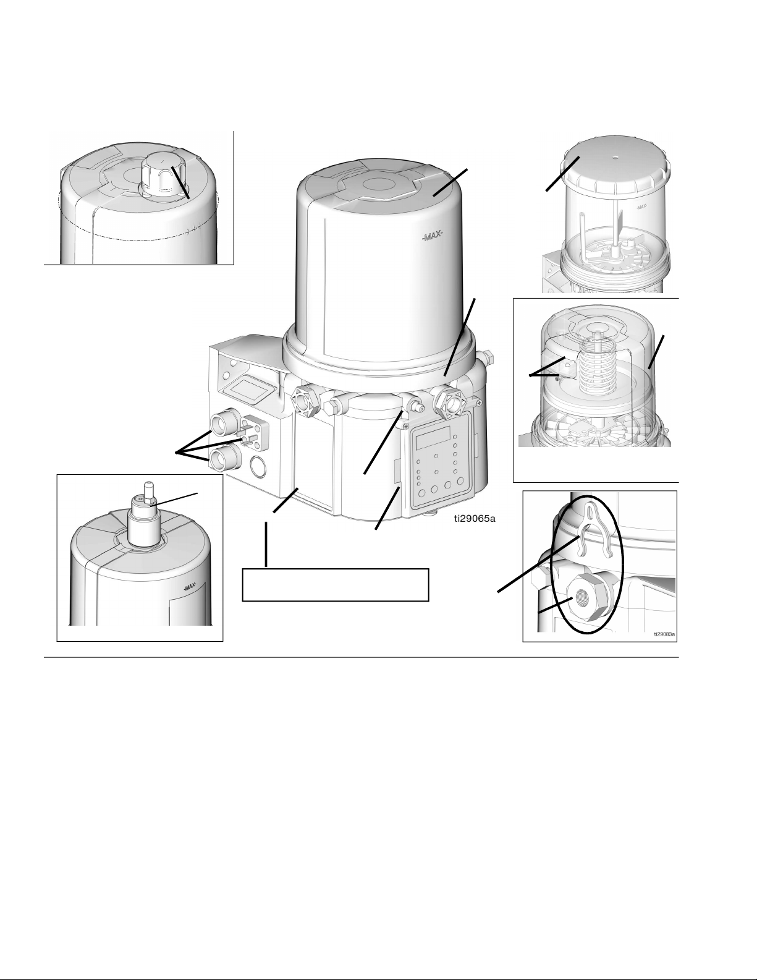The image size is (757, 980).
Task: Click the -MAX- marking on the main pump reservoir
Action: [x=433, y=235]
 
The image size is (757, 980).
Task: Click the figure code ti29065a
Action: [x=475, y=519]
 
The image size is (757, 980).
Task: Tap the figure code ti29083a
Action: [x=665, y=634]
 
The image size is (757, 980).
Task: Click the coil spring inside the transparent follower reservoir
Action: [x=596, y=366]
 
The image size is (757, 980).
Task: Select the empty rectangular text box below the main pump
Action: [x=335, y=585]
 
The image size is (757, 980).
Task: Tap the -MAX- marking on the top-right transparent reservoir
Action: [x=641, y=207]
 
